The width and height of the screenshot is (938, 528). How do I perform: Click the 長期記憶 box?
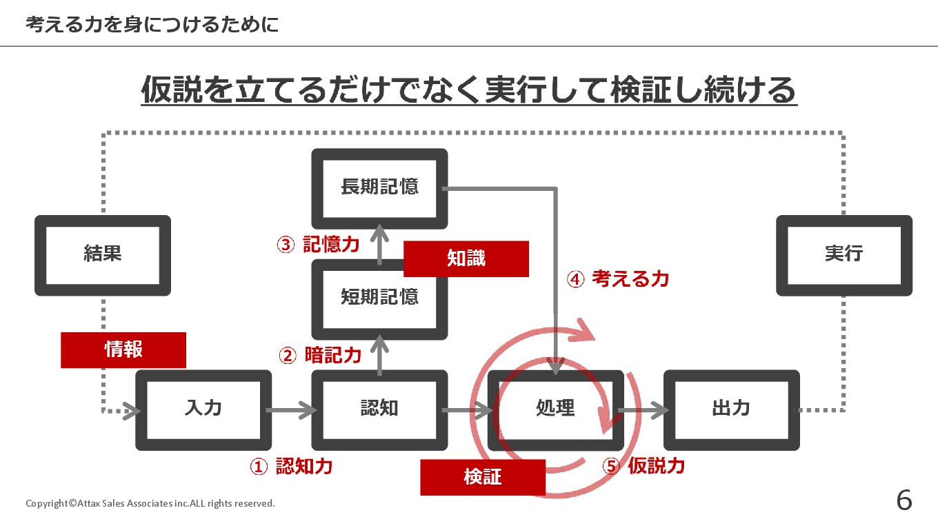[379, 187]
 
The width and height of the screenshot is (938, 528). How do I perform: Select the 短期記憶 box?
[379, 297]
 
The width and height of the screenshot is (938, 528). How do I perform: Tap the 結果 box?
[103, 254]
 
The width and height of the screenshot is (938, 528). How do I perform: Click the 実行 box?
[844, 254]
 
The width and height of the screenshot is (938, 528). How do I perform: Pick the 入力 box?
[203, 409]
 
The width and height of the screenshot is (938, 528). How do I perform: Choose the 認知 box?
[379, 409]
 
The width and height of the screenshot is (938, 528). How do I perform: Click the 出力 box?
[731, 409]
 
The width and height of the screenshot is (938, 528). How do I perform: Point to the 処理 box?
[555, 409]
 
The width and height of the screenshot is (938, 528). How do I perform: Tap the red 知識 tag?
[466, 258]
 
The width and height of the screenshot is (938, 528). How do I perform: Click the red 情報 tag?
[123, 349]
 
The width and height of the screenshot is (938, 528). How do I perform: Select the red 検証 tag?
[483, 477]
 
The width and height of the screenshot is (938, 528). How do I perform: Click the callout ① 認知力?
[291, 467]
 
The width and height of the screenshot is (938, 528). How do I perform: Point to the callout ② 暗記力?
[320, 356]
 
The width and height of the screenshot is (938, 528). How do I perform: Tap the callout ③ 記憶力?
[318, 245]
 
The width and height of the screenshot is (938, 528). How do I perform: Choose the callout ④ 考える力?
[618, 279]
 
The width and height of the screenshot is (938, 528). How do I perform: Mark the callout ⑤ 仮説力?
[643, 466]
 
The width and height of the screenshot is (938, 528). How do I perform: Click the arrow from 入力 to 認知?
[291, 411]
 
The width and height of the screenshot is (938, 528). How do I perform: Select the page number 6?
[904, 500]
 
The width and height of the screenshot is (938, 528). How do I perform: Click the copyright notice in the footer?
[150, 503]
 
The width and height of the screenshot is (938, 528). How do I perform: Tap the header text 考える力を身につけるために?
[152, 25]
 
